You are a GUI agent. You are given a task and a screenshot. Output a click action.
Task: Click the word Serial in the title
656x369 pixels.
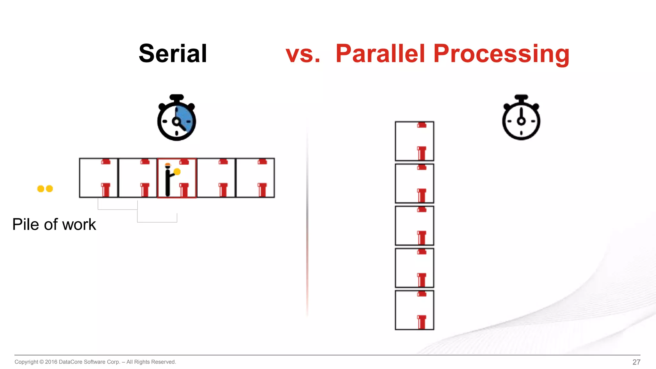point(173,53)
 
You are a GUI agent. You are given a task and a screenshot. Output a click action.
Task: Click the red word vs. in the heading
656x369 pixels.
point(303,53)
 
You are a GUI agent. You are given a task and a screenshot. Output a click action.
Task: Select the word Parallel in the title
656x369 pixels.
point(380,53)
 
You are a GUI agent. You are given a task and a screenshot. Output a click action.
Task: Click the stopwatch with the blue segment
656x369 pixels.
point(176,118)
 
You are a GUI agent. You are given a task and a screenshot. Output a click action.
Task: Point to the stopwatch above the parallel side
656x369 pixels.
point(521,118)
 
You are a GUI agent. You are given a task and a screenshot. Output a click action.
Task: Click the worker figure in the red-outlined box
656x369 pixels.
point(168,181)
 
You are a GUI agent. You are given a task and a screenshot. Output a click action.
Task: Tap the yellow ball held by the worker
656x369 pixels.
point(177,172)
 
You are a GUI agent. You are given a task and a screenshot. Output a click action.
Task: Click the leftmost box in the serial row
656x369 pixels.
point(99,178)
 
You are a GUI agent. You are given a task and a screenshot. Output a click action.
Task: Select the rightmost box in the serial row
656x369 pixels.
point(255,178)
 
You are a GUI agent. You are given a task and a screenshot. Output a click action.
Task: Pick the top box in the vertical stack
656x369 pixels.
point(414,141)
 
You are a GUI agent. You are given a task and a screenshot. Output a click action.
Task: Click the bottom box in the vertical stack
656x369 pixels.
point(414,310)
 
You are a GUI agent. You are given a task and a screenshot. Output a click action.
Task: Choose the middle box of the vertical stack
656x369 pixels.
point(414,225)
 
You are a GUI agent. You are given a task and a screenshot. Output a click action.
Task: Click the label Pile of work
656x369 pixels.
point(54,224)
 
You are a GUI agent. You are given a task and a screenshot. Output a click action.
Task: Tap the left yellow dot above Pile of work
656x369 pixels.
point(41,189)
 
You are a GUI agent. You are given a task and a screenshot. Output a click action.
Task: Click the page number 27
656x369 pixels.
point(636,362)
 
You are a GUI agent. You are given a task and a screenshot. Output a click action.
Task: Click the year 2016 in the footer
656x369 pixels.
point(51,362)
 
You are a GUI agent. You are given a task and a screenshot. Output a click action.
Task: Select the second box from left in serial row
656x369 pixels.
point(138,178)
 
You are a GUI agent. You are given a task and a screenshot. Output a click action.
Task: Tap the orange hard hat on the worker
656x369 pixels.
point(168,165)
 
